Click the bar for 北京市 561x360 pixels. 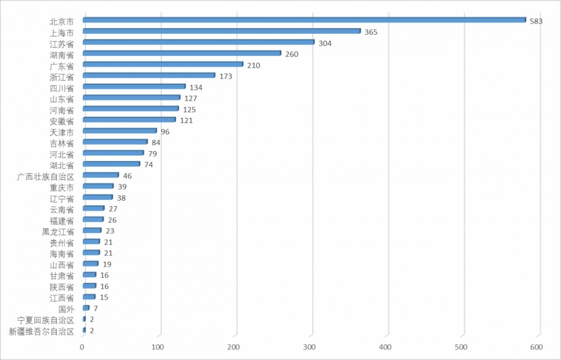(304, 20)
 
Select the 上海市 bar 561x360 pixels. (221, 31)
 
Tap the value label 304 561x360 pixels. (325, 43)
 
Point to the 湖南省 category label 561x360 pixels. (62, 54)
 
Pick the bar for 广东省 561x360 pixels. (162, 65)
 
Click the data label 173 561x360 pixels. (226, 76)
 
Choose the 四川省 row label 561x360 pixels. (62, 87)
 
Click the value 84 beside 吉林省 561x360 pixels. (156, 142)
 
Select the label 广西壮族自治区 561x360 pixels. (45, 176)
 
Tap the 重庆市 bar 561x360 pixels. (98, 187)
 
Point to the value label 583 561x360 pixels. (536, 21)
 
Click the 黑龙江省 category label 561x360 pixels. (58, 231)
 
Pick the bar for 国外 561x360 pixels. (86, 308)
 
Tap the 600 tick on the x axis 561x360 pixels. (536, 347)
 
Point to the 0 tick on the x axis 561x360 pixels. (82, 347)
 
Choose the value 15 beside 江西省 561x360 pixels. (103, 297)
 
